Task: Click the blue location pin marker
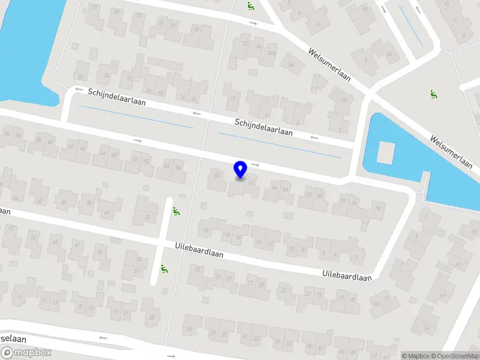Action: click(241, 170)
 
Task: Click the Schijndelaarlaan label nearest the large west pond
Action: click(117, 97)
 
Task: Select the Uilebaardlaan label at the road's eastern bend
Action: click(347, 275)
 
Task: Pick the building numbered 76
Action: click(377, 209)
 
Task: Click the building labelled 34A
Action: click(271, 53)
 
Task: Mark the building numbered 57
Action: click(443, 295)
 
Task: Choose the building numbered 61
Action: click(458, 264)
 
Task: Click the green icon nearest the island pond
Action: click(433, 94)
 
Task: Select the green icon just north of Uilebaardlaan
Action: click(175, 212)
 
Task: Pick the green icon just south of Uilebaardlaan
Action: click(163, 270)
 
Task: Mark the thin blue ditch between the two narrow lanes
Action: click(137, 117)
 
